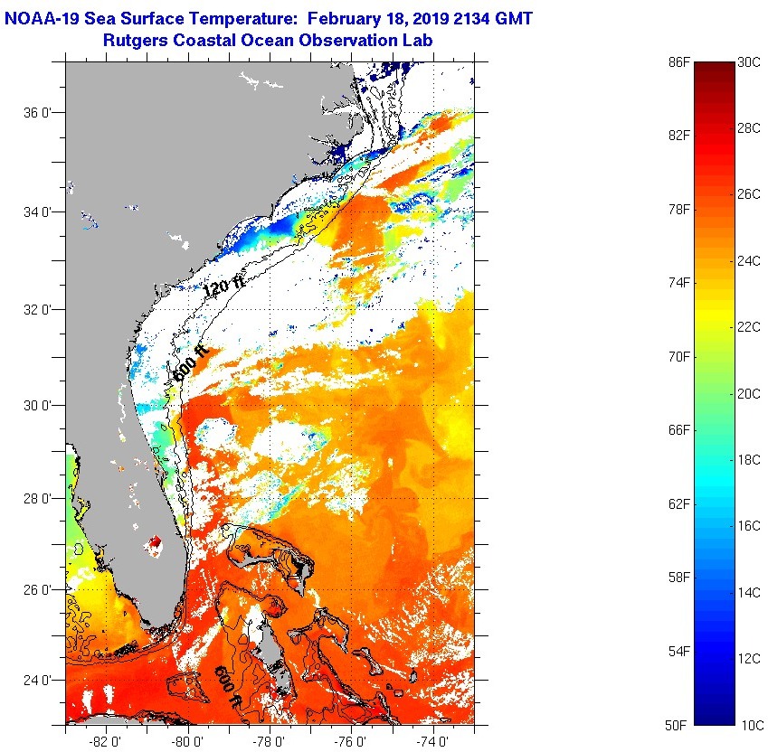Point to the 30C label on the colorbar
(x=749, y=61)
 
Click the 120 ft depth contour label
(x=223, y=287)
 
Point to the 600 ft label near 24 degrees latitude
(x=228, y=686)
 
